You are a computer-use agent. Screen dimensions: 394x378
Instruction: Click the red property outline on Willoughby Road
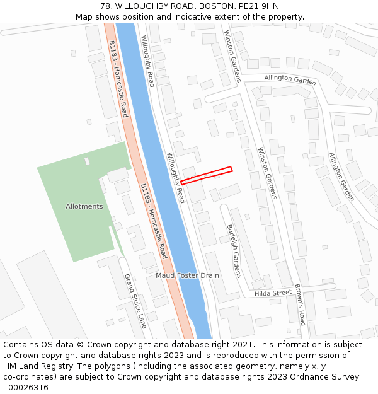click(207, 175)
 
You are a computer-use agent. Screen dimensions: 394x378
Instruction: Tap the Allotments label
click(84, 206)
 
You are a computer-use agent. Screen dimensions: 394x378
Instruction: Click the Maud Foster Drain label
click(187, 275)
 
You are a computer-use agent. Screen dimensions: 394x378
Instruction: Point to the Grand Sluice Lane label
click(135, 301)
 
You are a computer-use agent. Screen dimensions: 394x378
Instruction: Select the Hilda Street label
click(273, 293)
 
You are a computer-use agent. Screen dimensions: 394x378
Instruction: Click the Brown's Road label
click(301, 307)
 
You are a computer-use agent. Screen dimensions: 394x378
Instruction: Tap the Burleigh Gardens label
click(234, 250)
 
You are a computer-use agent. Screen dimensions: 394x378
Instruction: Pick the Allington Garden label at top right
click(290, 79)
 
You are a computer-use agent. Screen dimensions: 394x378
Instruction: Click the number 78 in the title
click(105, 6)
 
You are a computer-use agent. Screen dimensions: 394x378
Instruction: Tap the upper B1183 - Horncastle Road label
click(118, 79)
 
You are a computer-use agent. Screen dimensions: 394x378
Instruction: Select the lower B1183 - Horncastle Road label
click(154, 221)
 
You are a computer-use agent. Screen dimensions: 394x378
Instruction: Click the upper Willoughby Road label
click(147, 61)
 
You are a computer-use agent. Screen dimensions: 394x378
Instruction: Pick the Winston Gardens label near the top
click(232, 55)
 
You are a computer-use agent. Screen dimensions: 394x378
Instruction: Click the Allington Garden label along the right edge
click(341, 177)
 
